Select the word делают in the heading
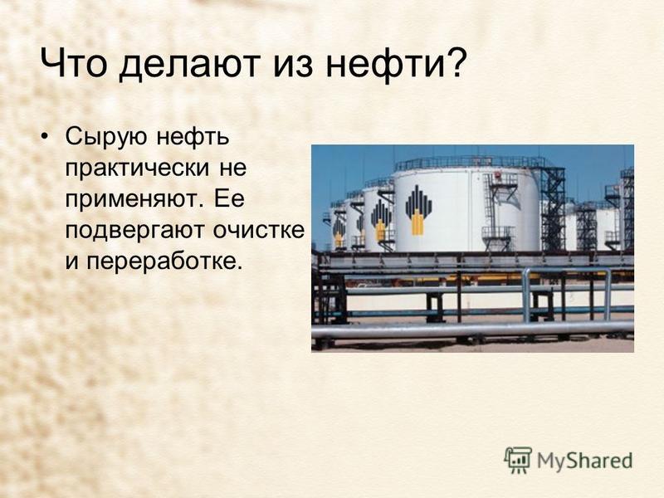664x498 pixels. [x=189, y=65]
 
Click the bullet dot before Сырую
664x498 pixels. [x=44, y=137]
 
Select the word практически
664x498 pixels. [x=137, y=168]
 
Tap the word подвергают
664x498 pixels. [x=135, y=232]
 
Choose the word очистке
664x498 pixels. [x=259, y=231]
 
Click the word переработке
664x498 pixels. [x=164, y=261]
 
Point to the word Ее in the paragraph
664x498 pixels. [x=230, y=198]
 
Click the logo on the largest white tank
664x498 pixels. [x=418, y=210]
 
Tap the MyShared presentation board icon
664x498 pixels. [x=518, y=460]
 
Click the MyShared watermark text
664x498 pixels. [x=585, y=461]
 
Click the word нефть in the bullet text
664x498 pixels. [x=193, y=138]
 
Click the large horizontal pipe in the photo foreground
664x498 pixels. [x=472, y=330]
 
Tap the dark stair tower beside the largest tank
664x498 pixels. [x=553, y=208]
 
